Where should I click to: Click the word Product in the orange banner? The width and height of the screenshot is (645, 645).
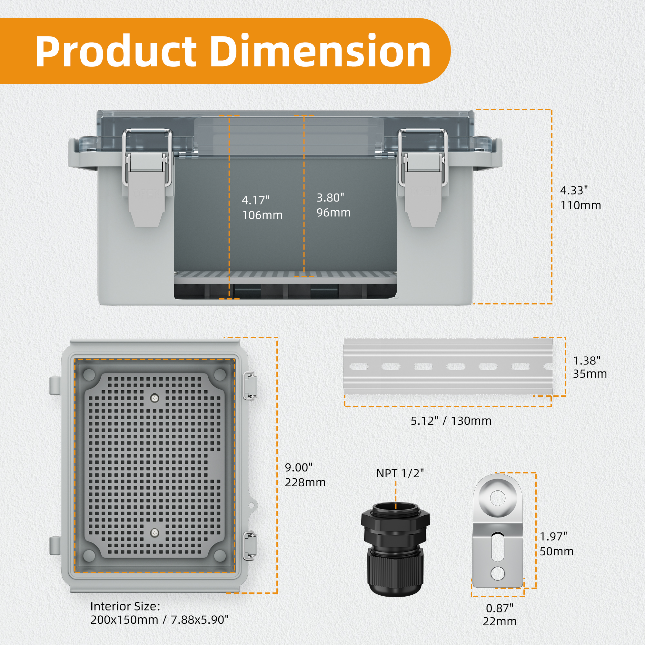[x=115, y=52]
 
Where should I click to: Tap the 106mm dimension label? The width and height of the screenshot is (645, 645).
[x=262, y=215]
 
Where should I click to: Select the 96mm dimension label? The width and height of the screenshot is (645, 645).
[x=333, y=213]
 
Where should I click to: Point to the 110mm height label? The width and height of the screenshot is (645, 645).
[x=580, y=205]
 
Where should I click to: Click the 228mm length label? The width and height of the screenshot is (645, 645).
[x=305, y=482]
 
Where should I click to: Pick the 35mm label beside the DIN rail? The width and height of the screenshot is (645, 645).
[x=590, y=374]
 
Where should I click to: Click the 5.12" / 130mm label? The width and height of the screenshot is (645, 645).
[x=451, y=421]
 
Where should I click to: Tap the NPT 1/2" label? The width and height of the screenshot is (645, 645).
[x=400, y=473]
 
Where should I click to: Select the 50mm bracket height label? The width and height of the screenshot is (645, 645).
[x=557, y=551]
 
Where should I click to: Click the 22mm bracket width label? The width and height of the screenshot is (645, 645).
[x=500, y=621]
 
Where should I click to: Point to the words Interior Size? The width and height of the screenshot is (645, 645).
[x=125, y=606]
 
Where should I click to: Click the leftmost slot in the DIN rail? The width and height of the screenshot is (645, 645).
[x=359, y=367]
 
